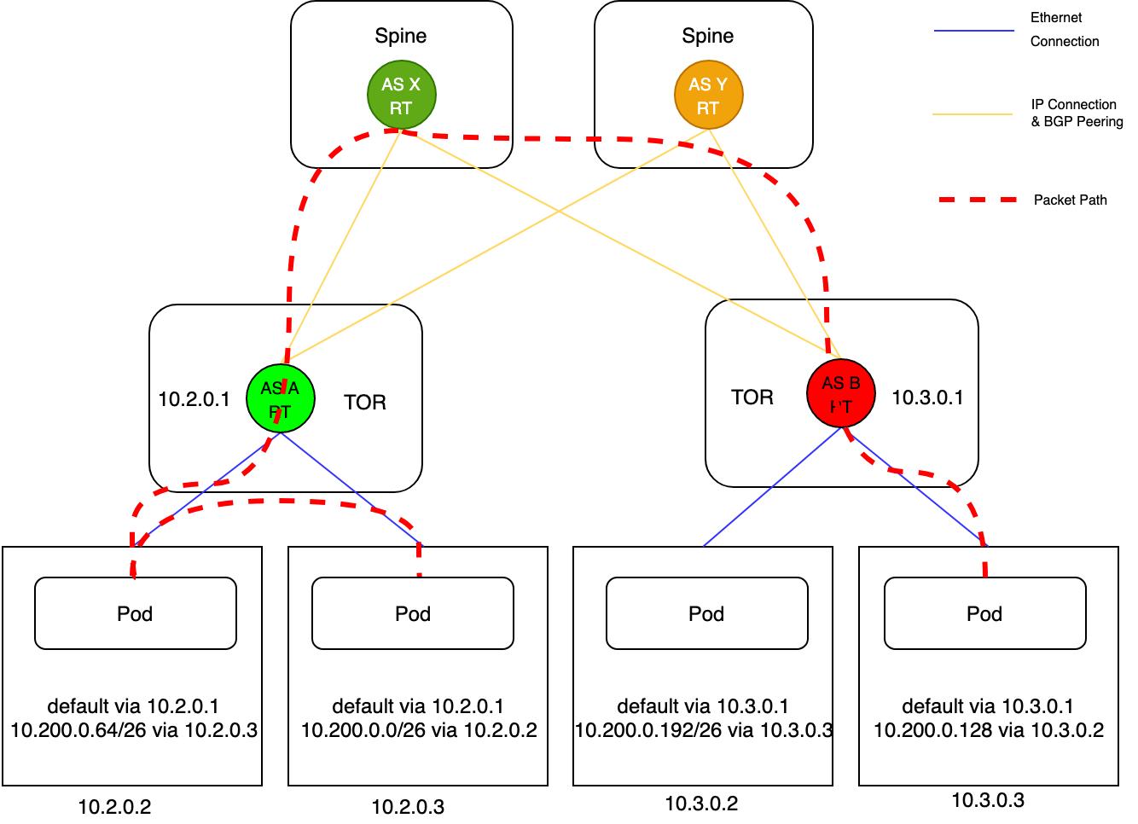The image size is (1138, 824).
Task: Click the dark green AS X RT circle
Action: [402, 95]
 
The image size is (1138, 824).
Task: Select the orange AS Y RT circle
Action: [708, 95]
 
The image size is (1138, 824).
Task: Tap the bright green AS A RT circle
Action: [280, 398]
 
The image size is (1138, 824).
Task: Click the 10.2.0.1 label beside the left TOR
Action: [195, 399]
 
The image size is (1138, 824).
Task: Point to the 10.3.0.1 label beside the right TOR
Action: [927, 397]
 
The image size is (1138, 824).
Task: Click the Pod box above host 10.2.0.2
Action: [135, 613]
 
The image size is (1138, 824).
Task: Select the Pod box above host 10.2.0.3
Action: [413, 613]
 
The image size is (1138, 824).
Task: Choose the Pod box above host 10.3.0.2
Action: [706, 613]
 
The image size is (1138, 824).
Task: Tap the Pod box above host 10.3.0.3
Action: [984, 613]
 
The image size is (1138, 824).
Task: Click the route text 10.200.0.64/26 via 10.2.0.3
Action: [134, 730]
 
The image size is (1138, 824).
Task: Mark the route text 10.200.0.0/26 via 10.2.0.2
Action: [418, 730]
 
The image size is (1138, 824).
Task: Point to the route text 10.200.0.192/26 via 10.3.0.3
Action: [703, 730]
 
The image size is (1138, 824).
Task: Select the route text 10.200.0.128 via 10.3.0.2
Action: [988, 730]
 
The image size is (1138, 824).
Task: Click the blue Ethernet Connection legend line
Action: [973, 32]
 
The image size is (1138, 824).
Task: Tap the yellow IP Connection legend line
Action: [973, 113]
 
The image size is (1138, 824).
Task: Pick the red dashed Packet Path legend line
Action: [977, 200]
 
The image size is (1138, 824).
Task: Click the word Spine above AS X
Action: [401, 36]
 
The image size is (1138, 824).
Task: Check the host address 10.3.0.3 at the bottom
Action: [988, 800]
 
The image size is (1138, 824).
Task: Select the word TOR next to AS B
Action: [752, 397]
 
